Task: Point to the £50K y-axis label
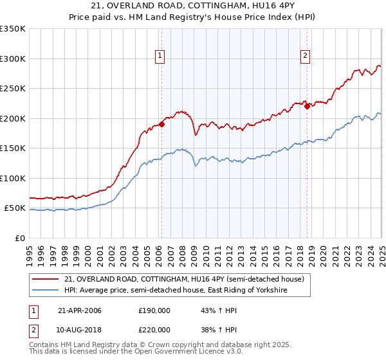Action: coord(15,208)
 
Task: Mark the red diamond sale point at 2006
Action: coord(161,125)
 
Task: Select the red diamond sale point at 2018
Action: coord(307,107)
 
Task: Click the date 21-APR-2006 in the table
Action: coord(80,310)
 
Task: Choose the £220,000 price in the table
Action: coord(154,329)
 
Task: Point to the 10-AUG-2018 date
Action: coord(80,329)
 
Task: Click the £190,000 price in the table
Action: coord(154,310)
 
